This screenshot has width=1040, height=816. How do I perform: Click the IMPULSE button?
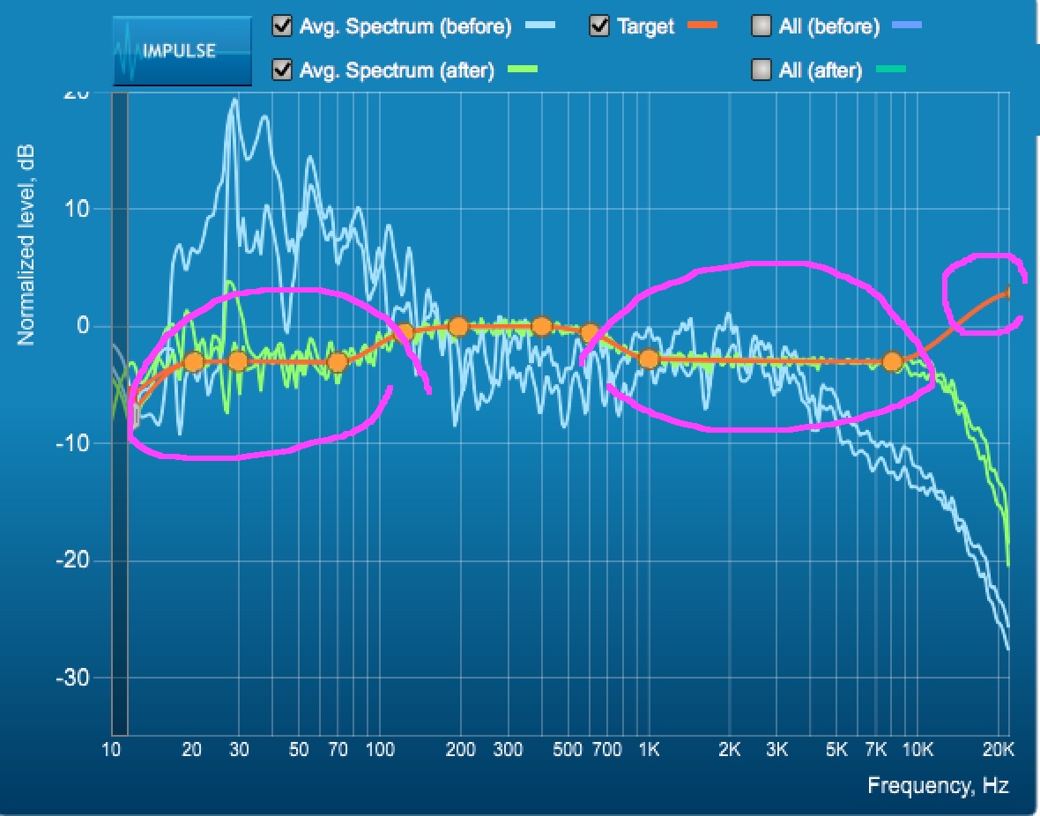coord(182,51)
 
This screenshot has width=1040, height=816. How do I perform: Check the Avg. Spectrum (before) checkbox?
coord(283,26)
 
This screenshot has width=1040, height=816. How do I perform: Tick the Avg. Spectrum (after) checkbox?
coord(283,70)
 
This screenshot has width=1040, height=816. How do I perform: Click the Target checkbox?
coord(599,26)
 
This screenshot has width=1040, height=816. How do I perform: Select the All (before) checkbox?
coord(761,26)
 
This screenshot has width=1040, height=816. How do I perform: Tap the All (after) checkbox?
coord(761,70)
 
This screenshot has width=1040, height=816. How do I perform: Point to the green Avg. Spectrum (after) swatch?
coord(524,70)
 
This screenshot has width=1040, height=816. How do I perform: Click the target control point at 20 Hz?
coord(194,361)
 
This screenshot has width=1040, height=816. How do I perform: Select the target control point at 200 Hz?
coord(458,327)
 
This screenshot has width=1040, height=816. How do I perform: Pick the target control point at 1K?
coord(650,359)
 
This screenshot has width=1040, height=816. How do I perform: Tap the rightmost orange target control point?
coord(892,361)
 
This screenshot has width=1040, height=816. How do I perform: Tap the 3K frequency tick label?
coord(776,750)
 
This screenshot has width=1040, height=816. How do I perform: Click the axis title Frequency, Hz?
coord(938,785)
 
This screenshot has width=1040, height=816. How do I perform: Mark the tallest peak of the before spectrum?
coord(234,99)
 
